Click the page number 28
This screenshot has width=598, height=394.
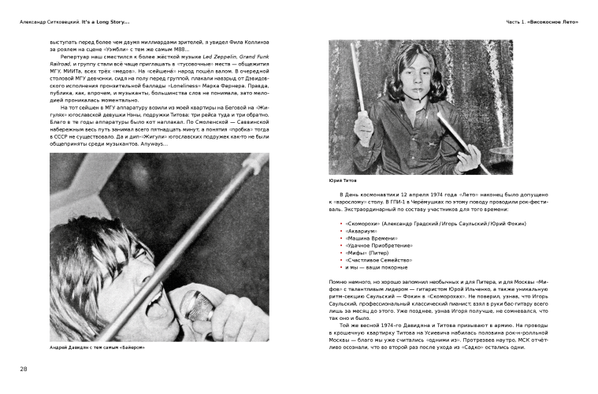(x=23, y=369)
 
